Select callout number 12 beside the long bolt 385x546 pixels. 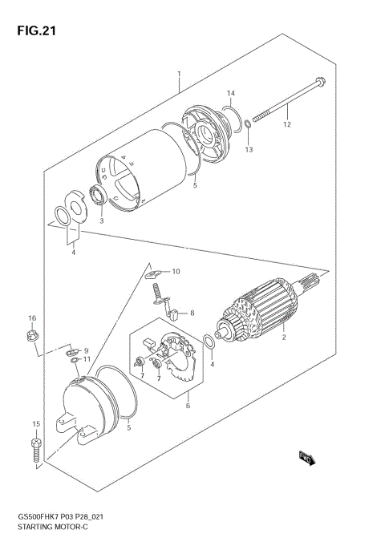point(286,124)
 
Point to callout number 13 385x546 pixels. point(249,150)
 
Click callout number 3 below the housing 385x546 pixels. point(102,220)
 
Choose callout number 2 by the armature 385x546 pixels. point(283,338)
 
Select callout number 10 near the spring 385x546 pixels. point(176,272)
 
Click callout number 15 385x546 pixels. point(35,423)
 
